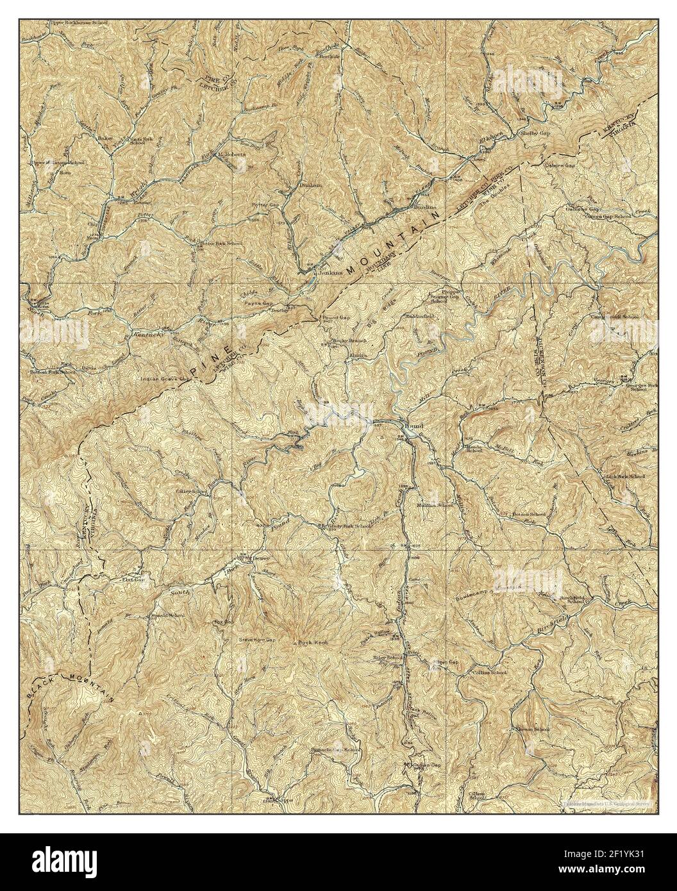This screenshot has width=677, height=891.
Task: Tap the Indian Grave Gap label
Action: [x=165, y=379]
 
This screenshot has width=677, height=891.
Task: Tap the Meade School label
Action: [x=474, y=447]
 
